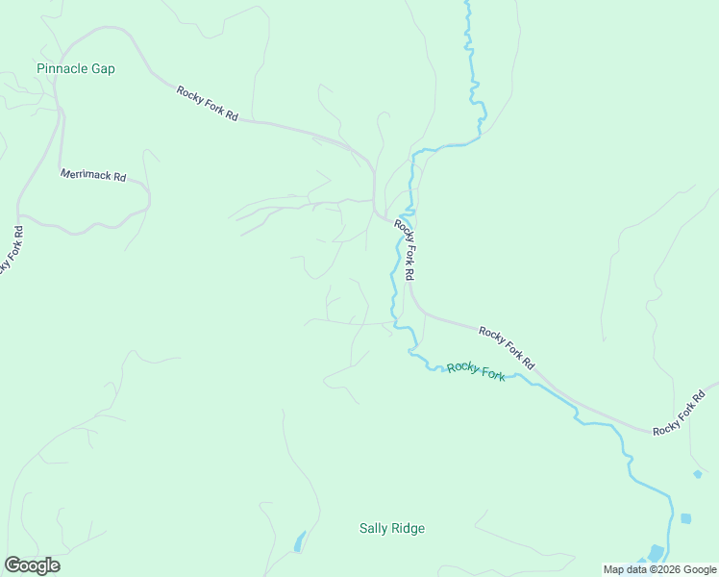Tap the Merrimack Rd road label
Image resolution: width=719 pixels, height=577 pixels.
[93, 176]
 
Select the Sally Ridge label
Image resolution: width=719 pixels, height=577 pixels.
[391, 528]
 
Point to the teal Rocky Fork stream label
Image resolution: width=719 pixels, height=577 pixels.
[475, 370]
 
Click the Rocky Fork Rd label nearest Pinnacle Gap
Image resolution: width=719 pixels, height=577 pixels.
[208, 103]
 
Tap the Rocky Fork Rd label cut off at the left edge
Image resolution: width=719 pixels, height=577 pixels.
[9, 250]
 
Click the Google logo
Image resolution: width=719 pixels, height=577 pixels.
[32, 565]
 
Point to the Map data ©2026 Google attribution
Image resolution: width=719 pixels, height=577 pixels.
[659, 569]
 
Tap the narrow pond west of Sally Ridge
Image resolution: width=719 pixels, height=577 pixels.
[299, 541]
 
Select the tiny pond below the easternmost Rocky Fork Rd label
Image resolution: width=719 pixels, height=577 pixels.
[697, 474]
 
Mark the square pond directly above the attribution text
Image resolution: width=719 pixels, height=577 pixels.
[685, 518]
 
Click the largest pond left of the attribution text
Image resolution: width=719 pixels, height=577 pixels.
[656, 553]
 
